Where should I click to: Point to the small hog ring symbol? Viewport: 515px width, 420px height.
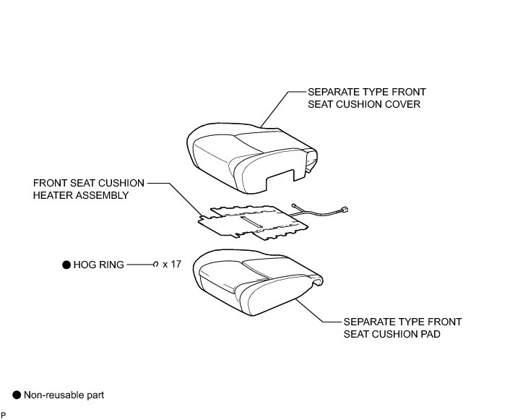[155, 265]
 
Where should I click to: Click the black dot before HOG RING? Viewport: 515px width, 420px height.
[66, 265]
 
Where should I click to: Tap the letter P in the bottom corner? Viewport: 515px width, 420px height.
[4, 415]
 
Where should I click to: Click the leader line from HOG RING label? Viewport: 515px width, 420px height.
[139, 265]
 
